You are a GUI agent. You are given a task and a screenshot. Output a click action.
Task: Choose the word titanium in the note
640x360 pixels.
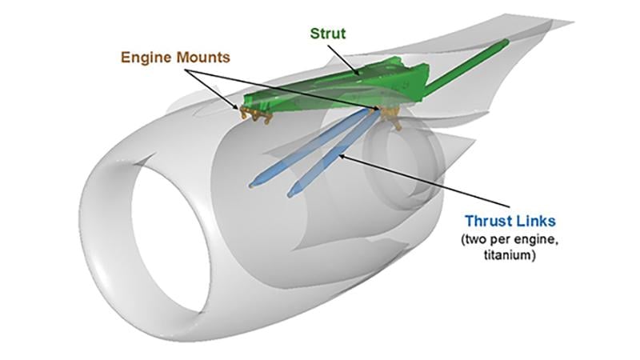pos(512,254)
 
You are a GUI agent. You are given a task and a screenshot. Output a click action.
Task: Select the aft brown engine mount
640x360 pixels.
pos(390,117)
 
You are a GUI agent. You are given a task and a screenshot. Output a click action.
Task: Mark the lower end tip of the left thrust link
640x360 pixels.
pos(254,185)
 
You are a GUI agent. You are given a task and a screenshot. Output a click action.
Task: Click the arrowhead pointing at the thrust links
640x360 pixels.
pos(342,157)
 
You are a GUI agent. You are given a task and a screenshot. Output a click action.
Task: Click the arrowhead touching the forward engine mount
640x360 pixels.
pos(241,107)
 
